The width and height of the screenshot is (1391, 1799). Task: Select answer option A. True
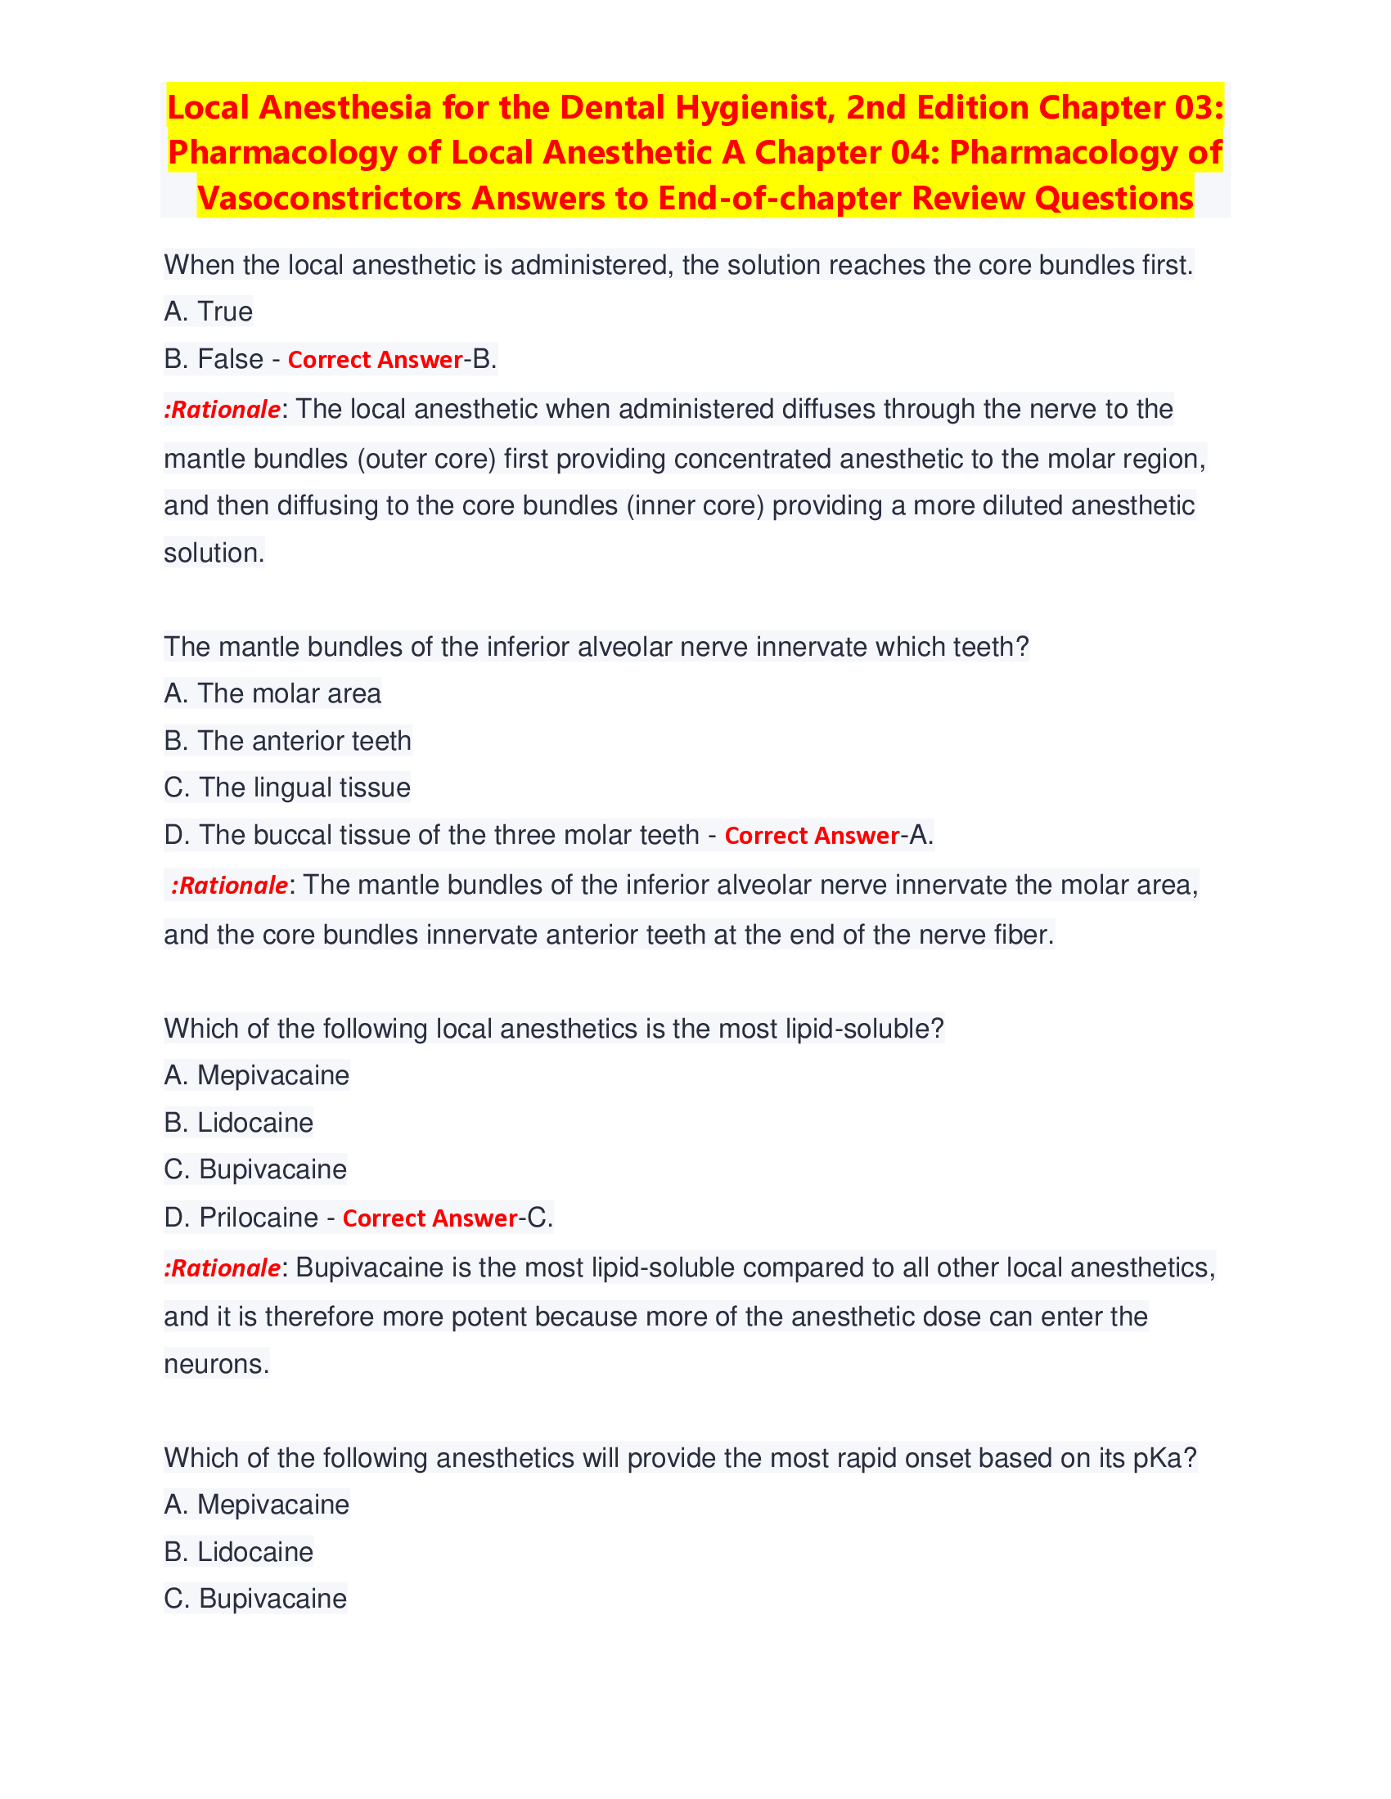point(209,312)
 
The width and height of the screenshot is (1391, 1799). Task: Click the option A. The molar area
point(272,693)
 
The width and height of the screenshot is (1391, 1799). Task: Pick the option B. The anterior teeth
point(286,741)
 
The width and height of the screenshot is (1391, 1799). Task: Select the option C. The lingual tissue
point(286,787)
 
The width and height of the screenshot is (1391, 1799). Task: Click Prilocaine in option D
point(258,1217)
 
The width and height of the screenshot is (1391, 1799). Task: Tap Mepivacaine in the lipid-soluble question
point(272,1075)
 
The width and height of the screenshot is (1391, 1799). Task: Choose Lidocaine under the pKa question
point(254,1552)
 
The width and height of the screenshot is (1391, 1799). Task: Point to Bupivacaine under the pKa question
point(272,1599)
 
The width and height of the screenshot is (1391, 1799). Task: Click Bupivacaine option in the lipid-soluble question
point(272,1169)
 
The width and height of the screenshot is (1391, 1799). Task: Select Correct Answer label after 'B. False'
point(375,360)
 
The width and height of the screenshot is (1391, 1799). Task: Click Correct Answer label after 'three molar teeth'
point(812,836)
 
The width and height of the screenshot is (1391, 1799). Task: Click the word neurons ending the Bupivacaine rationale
point(216,1364)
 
